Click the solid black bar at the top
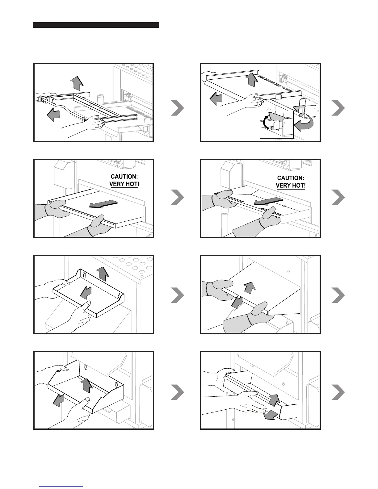coord(96,25)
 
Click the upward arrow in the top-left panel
coord(76,83)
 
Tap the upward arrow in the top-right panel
coord(252,79)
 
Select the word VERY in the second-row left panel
coord(117,184)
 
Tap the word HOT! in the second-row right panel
coord(298,186)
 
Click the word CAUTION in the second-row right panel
coord(291,178)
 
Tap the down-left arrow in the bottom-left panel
coord(59,400)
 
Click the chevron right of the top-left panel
coord(177,108)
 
